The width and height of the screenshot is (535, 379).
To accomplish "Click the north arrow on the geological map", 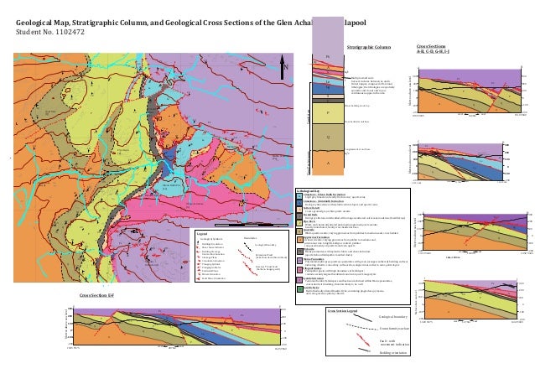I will click(285, 68).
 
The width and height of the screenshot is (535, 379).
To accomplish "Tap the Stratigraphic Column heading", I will click(369, 48).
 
